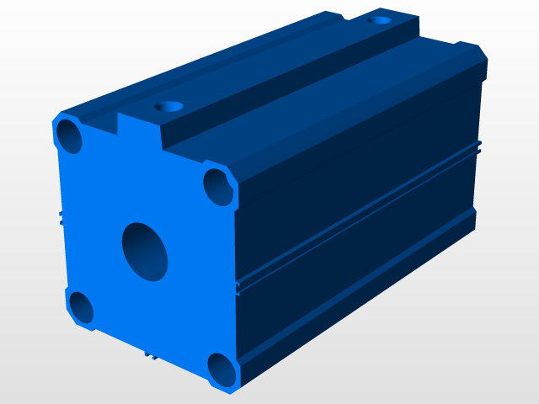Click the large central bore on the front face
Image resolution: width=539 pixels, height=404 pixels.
click(145, 251)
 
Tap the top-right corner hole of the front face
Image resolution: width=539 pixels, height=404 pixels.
click(218, 186)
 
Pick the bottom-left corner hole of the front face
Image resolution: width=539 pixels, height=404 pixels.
click(81, 307)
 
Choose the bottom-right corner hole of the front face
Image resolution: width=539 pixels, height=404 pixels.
click(222, 369)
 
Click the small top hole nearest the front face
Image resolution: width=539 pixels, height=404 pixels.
click(171, 108)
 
